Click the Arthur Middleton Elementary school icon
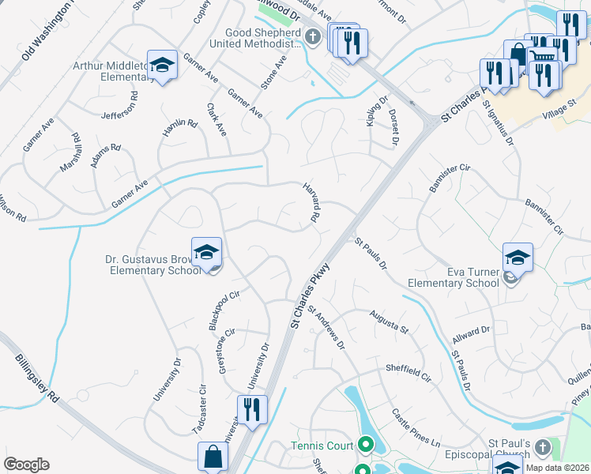[162, 66]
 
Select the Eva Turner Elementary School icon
[518, 258]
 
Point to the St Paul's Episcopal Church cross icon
[542, 447]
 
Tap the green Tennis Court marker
[366, 446]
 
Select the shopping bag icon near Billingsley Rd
[213, 457]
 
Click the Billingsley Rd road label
[37, 378]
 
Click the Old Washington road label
[47, 32]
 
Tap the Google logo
[26, 465]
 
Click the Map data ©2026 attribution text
[557, 468]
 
